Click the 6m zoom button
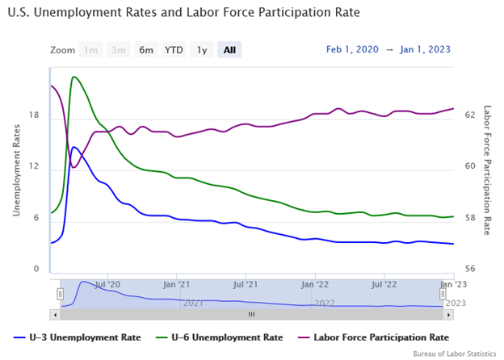(x=146, y=50)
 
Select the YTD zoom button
(x=174, y=50)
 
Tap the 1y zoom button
(x=202, y=50)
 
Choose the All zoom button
(x=229, y=50)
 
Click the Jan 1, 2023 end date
(x=425, y=49)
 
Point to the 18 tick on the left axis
(x=34, y=115)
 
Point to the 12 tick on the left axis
(x=34, y=166)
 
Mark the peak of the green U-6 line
(x=73, y=77)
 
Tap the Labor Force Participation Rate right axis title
(x=487, y=170)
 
